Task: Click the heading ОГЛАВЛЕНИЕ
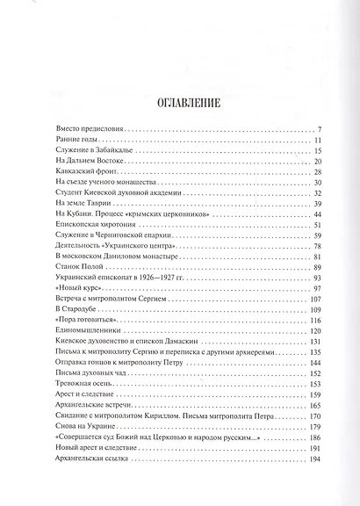179,102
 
